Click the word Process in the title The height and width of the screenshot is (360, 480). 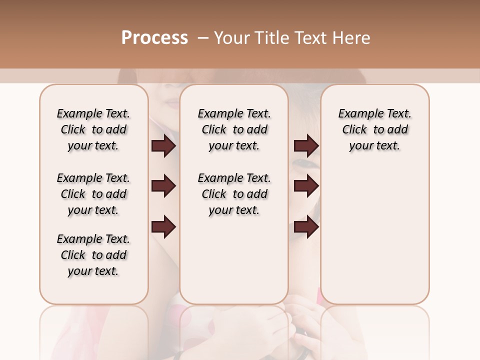click(x=154, y=37)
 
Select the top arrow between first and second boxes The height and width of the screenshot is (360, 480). click(x=163, y=146)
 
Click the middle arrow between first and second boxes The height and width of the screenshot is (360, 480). click(x=163, y=186)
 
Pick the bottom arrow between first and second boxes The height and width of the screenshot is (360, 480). click(x=163, y=227)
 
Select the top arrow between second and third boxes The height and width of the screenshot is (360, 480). click(x=306, y=146)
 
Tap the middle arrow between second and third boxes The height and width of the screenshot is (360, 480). click(x=306, y=186)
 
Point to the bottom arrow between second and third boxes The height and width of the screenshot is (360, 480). click(x=306, y=227)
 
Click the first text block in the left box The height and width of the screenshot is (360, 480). click(x=93, y=129)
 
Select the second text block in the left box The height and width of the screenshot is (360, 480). click(x=93, y=194)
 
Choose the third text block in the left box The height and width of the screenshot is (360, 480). click(x=93, y=255)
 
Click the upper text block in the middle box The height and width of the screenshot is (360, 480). click(x=234, y=129)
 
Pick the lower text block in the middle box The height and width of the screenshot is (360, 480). click(x=234, y=194)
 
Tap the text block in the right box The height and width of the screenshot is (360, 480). click(x=374, y=129)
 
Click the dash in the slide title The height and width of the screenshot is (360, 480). click(x=202, y=38)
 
